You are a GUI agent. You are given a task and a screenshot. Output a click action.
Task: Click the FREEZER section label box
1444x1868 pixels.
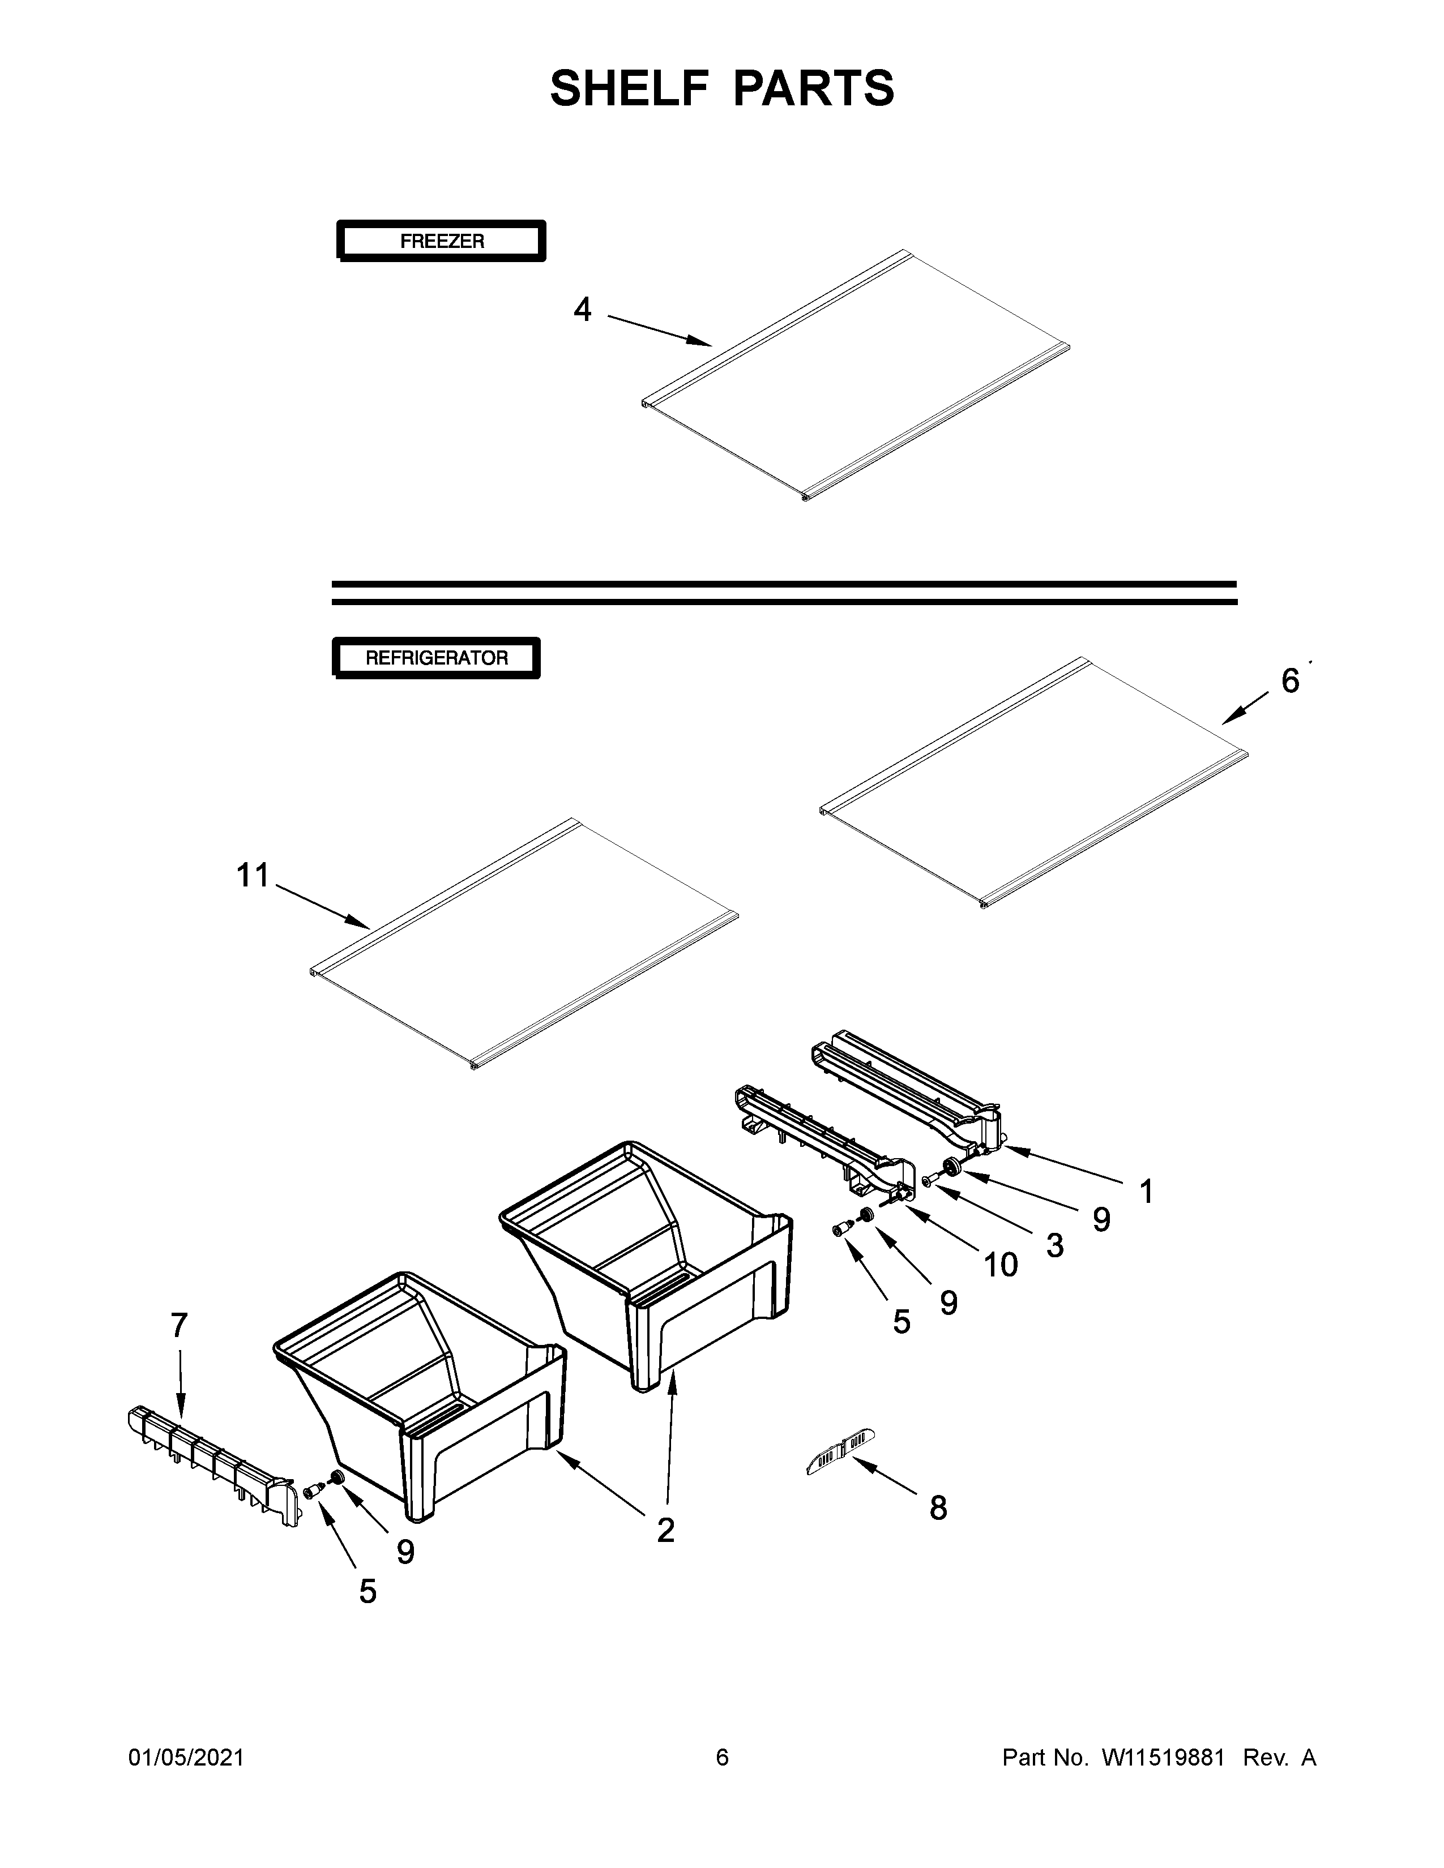tap(442, 241)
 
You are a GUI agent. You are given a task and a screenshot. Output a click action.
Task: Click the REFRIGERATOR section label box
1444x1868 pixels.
tap(436, 658)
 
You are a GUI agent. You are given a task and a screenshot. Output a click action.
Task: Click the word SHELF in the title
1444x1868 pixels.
tap(629, 88)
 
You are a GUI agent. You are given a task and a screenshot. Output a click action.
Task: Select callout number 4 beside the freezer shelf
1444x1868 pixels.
tap(583, 310)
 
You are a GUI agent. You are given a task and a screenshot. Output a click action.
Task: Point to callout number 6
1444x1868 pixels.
tap(1290, 681)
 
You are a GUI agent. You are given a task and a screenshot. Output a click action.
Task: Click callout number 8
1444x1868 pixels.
tap(938, 1509)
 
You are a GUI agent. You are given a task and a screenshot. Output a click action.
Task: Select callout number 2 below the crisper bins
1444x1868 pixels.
tap(665, 1530)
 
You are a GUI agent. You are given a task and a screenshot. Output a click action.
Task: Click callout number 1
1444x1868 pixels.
tap(1146, 1192)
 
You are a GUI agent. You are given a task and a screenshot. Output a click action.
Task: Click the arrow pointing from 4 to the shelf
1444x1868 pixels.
tap(659, 330)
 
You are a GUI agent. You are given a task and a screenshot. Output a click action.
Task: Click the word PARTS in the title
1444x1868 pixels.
tap(813, 88)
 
